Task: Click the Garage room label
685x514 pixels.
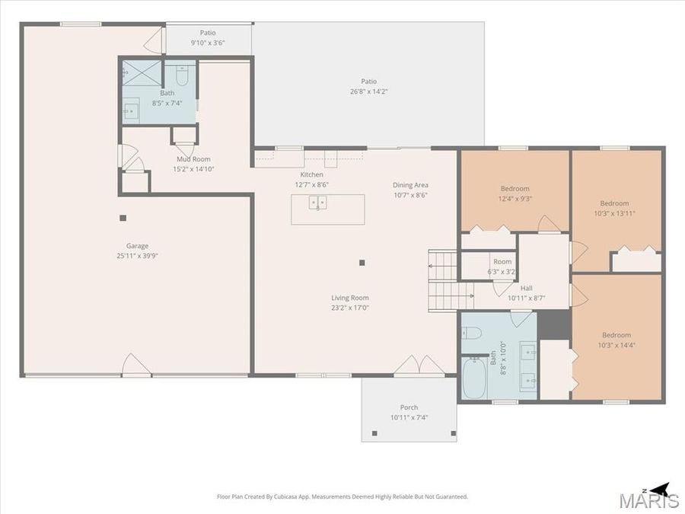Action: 138,246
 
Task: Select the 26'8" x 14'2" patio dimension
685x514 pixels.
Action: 368,91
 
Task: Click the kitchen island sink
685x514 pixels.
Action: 317,203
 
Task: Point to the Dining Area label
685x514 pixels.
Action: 410,185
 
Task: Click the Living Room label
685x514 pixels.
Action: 349,298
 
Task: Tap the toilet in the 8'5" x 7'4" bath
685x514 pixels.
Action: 181,77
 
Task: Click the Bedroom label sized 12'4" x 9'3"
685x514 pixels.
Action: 515,189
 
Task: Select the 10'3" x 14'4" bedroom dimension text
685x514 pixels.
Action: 616,345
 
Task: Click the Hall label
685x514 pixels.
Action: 526,289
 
